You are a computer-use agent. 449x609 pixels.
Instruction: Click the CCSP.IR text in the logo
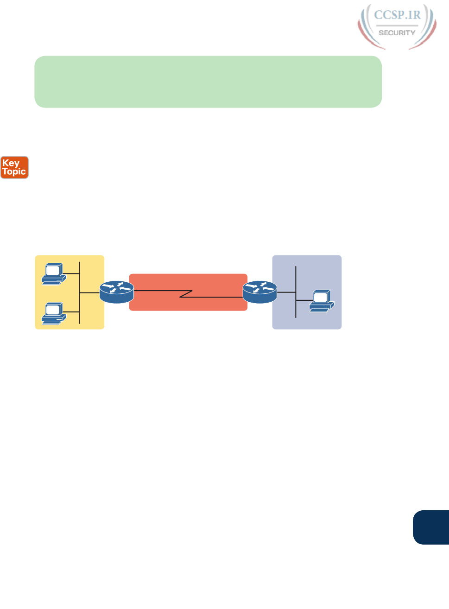coord(397,15)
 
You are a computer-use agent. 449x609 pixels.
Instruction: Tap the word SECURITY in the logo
coord(397,33)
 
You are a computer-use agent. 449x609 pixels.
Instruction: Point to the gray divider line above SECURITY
coord(397,25)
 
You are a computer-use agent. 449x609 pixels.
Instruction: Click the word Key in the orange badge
coord(11,163)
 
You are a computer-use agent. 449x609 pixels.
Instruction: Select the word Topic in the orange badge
coord(14,171)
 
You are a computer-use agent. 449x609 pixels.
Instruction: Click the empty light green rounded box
coord(208,82)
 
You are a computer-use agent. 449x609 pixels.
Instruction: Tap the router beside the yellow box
coord(117,292)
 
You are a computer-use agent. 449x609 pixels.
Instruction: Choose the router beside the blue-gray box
coord(260,292)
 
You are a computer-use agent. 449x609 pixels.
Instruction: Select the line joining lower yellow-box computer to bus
coord(71,312)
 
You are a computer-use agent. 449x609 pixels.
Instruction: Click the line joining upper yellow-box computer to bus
coord(71,273)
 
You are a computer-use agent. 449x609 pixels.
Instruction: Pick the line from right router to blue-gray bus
coord(286,292)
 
